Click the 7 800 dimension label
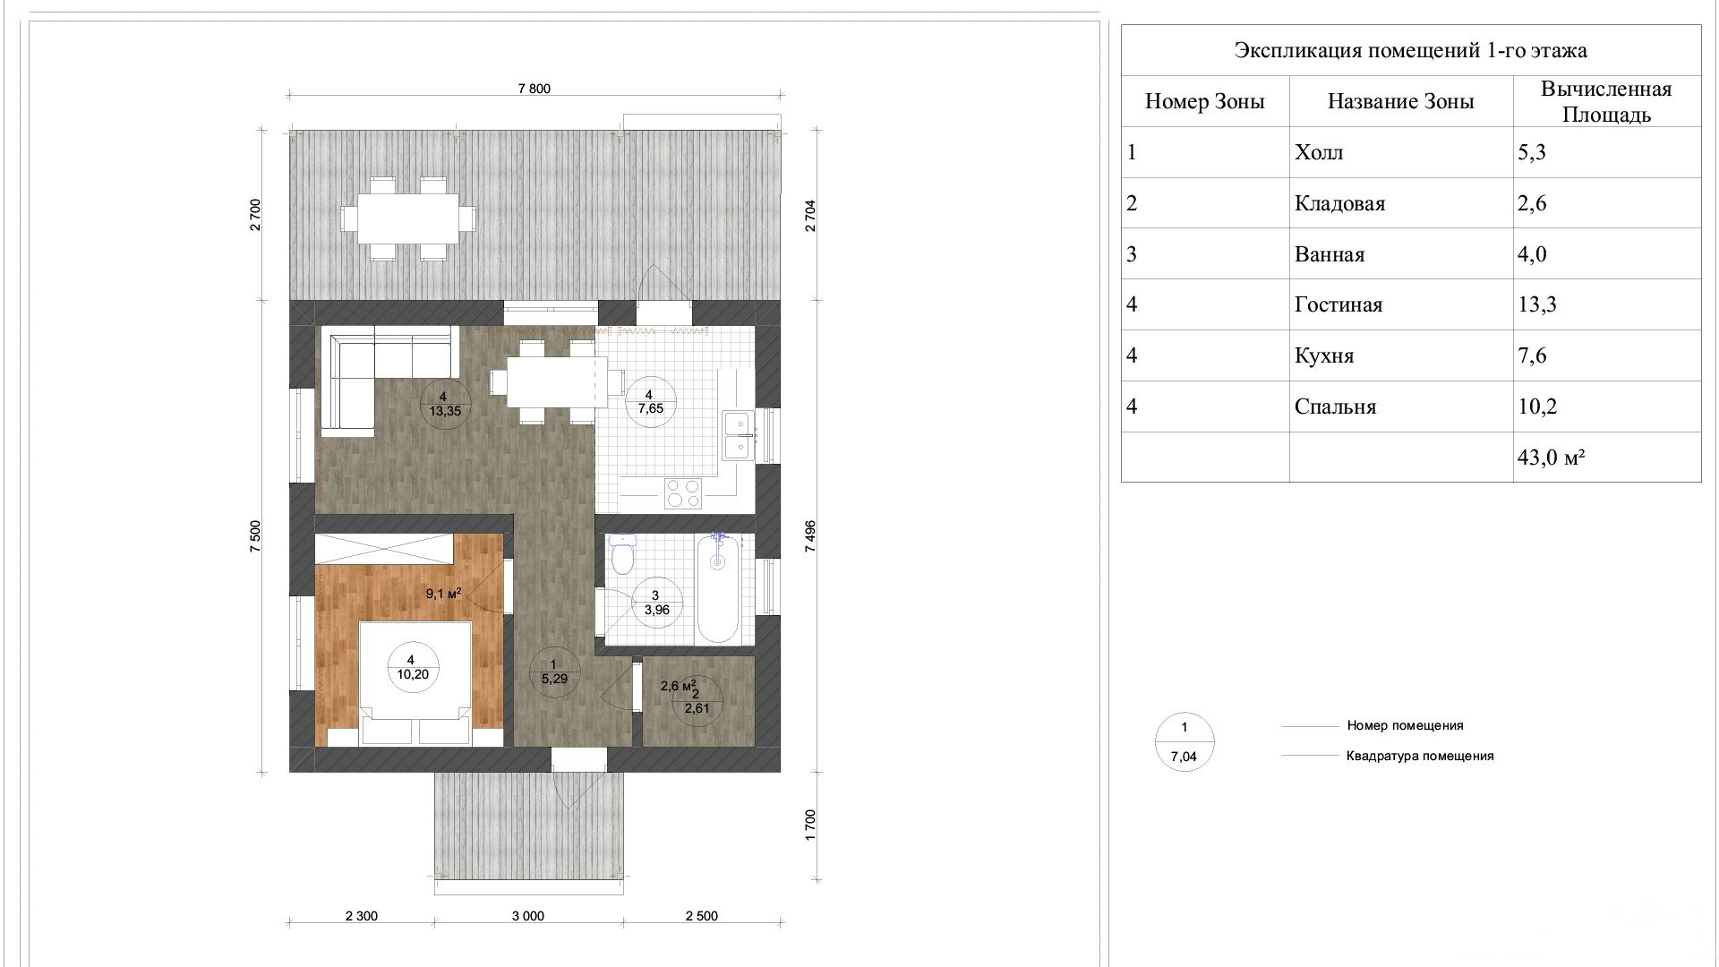[535, 89]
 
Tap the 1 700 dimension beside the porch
[811, 825]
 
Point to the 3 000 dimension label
[528, 916]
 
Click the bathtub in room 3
[718, 588]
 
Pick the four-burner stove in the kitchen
[682, 493]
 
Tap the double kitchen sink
[739, 434]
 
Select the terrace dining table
[407, 218]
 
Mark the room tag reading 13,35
[444, 405]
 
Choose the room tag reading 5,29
[554, 672]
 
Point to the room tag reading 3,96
[656, 603]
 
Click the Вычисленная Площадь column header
[1607, 101]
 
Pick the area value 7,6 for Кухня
[1532, 355]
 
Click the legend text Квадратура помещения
[1420, 756]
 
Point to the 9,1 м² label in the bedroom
[443, 593]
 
